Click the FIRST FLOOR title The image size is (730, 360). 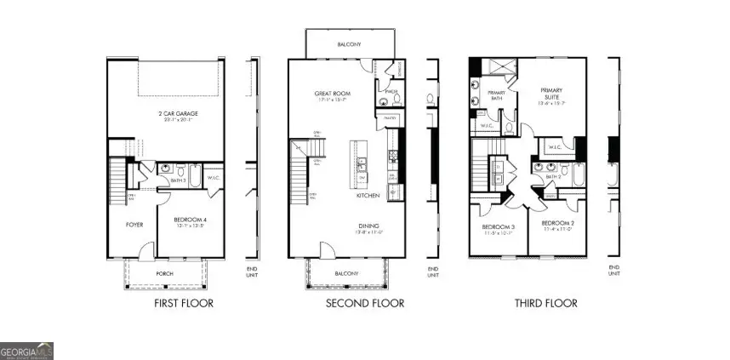click(x=183, y=303)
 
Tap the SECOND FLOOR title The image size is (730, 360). click(x=364, y=303)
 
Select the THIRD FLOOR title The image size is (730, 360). click(x=546, y=303)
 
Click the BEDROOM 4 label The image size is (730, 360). click(x=191, y=222)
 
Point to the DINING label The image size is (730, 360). click(x=368, y=226)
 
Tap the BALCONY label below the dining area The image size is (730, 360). click(x=346, y=273)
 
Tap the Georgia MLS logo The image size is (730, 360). click(x=27, y=350)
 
